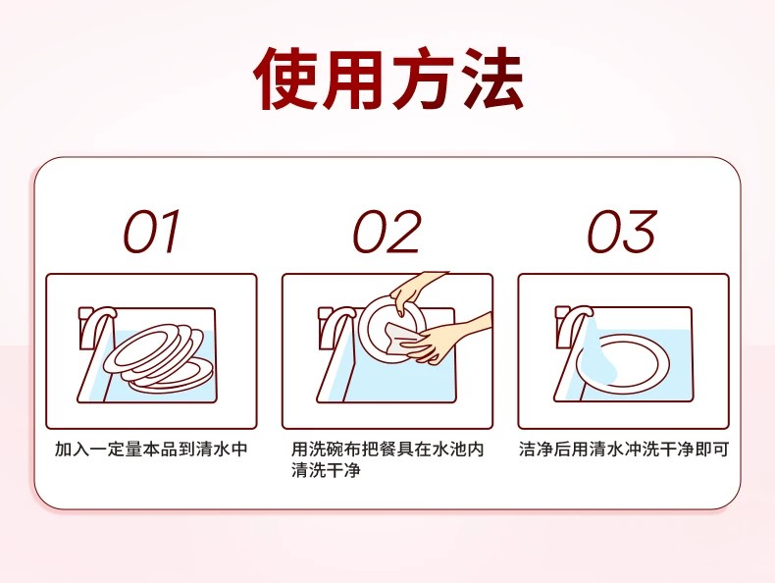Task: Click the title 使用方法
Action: tap(388, 79)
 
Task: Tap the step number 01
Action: tap(151, 232)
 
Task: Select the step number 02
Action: tap(387, 232)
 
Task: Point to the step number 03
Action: tap(622, 232)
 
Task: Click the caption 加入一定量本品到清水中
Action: tap(151, 449)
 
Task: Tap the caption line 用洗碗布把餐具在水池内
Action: tap(387, 449)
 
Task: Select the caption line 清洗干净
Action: tap(326, 470)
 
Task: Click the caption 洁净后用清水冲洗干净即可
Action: tap(624, 449)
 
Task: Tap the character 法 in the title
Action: tap(492, 79)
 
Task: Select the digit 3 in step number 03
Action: tap(639, 232)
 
